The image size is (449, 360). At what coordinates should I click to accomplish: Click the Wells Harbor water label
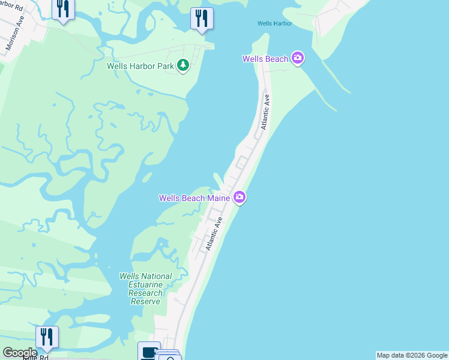pos(274,23)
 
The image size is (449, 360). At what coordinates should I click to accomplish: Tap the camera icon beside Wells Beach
pos(298,58)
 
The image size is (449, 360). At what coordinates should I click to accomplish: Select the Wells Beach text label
pos(265,59)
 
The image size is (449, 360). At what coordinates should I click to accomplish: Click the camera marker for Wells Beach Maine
pos(240,197)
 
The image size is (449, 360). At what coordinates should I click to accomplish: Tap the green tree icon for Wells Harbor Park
pos(183,65)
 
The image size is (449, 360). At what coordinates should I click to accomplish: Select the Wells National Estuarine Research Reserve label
pos(146,289)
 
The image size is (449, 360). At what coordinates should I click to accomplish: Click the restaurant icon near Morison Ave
pos(62,9)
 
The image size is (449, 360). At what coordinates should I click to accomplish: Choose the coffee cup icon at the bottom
pos(148,352)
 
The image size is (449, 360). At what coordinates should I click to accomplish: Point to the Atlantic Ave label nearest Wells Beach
pos(265,112)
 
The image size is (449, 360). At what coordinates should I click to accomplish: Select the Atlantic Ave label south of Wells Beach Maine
pos(214,234)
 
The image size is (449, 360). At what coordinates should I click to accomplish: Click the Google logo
pos(20,353)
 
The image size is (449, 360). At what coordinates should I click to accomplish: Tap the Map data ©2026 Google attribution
pos(412,355)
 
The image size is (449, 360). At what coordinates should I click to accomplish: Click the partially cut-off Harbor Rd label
pos(12,8)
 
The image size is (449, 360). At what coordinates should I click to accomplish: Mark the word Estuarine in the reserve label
pos(146,285)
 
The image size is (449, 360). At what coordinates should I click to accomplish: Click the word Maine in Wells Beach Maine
pos(220,198)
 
